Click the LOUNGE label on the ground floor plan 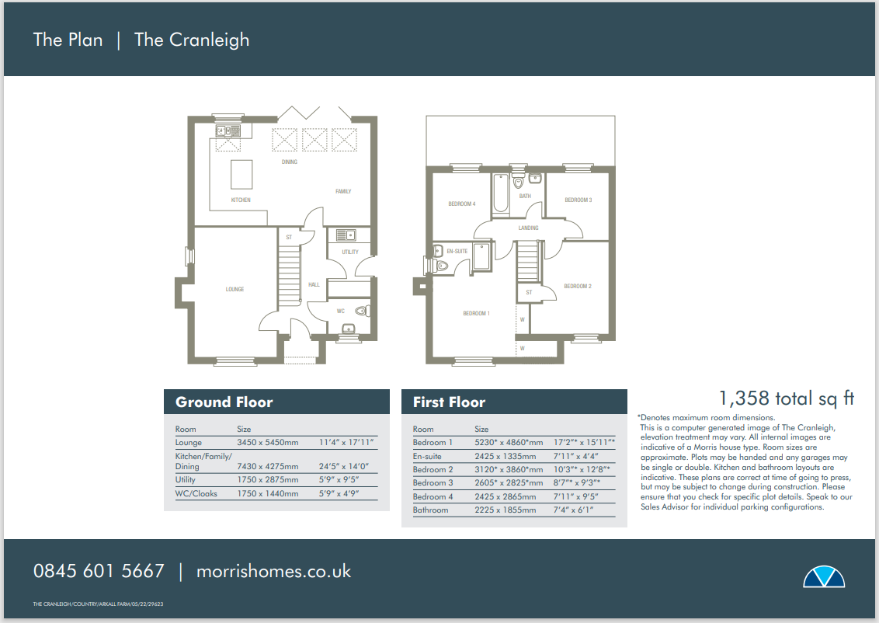pos(235,289)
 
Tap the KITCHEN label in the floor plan pos(241,200)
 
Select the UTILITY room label pos(350,252)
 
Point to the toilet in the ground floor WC pos(361,311)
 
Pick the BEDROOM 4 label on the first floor pos(461,204)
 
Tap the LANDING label pos(529,228)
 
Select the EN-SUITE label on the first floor pos(457,251)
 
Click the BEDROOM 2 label pos(578,287)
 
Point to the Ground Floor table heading pos(224,402)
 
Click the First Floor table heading pos(449,402)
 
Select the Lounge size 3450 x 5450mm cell pos(266,443)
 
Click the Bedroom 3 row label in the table pos(433,483)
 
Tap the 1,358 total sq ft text pos(786,399)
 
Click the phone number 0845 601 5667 pos(99,572)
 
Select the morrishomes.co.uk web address pos(273,572)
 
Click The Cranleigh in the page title pos(192,40)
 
